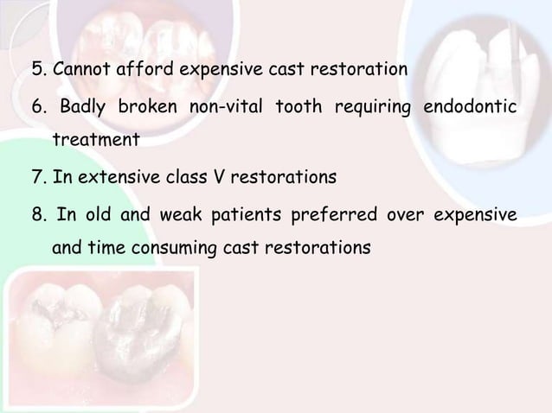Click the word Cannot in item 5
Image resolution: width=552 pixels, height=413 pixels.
point(78,68)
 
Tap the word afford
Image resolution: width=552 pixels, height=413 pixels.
point(136,68)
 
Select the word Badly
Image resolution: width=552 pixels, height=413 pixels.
point(86,106)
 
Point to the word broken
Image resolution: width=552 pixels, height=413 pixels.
point(150,106)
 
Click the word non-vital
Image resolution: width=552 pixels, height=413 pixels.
point(226,106)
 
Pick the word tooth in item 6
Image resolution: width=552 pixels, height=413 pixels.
point(298,106)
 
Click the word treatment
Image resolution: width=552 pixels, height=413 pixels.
point(95,138)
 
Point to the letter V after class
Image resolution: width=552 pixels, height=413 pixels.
point(217,180)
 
